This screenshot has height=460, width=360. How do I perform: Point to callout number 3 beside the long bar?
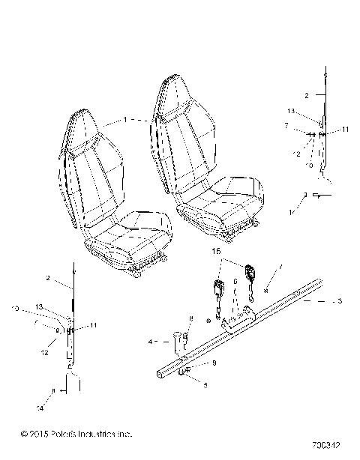pos(340,301)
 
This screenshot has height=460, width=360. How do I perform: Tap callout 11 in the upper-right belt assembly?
pos(345,130)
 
